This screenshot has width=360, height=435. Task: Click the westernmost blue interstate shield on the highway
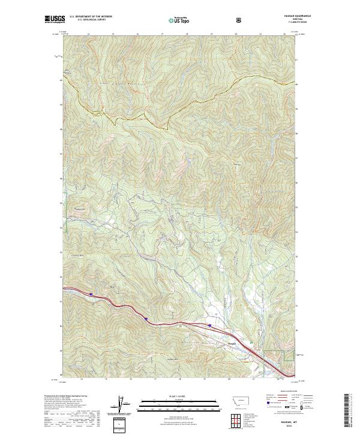pos(91,294)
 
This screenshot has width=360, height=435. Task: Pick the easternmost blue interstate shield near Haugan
pos(209,325)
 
